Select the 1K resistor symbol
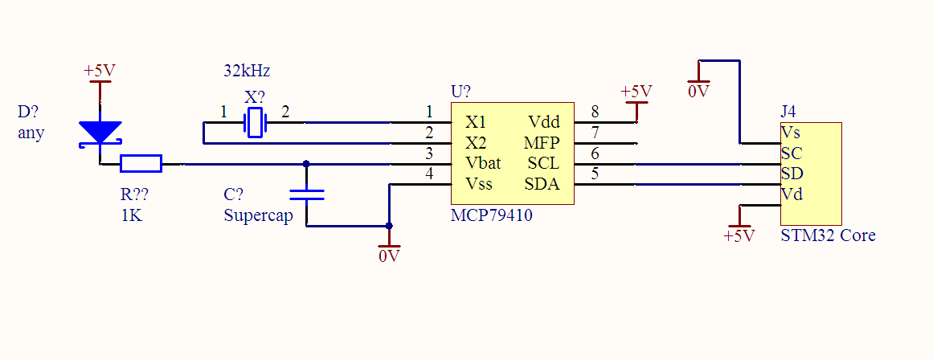tap(141, 164)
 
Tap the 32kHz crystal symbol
tap(255, 123)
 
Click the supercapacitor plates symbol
tap(306, 194)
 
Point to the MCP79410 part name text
tap(492, 215)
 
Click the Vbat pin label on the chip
tap(483, 164)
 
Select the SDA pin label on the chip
tap(542, 185)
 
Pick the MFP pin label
tap(542, 143)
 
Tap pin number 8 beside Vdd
tap(595, 112)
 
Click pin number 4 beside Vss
tap(429, 174)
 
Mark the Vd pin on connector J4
tap(791, 194)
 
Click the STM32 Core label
tap(828, 235)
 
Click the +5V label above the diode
tap(100, 71)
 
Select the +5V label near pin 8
tap(636, 91)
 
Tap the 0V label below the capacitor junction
tap(389, 256)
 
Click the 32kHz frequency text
tap(247, 71)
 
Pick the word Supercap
tap(258, 215)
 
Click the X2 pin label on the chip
tap(477, 143)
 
